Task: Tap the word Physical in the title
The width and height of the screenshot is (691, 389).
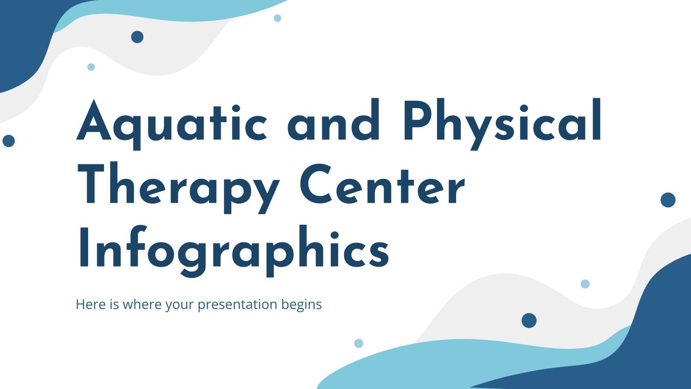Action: point(502,121)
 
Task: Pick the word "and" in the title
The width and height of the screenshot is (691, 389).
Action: point(333,121)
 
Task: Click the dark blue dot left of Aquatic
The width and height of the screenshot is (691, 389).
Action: point(9,140)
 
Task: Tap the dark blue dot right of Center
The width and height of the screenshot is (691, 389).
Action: point(668,200)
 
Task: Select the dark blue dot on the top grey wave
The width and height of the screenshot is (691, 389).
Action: point(137,37)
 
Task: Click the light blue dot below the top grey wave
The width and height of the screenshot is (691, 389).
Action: point(91,67)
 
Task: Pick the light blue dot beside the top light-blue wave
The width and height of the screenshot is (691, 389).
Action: point(278,18)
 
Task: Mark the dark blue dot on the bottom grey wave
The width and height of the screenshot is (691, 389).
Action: point(529,320)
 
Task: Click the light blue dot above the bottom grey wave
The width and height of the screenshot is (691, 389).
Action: point(585,284)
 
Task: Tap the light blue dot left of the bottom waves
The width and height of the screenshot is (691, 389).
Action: point(358,343)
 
